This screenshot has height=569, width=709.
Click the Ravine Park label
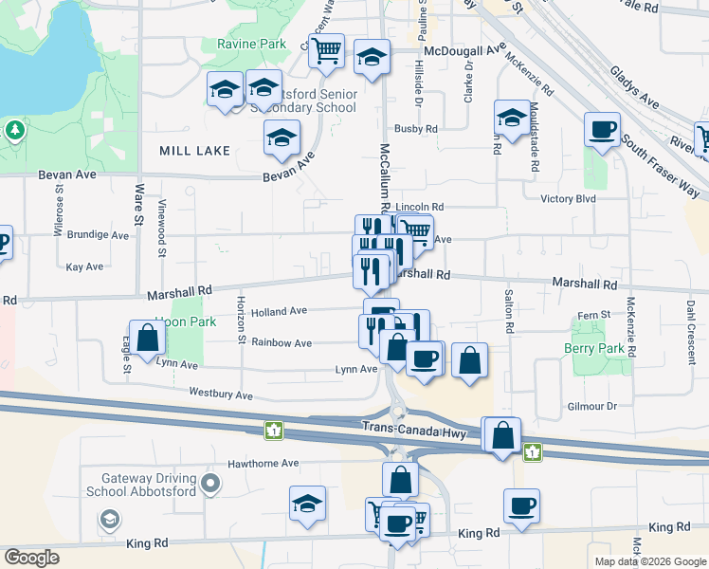coord(251,45)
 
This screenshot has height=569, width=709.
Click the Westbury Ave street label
coord(221,394)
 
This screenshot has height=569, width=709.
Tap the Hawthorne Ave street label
coord(264,464)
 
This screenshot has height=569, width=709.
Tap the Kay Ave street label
coord(85,267)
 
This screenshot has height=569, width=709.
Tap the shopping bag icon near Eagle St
coord(147,338)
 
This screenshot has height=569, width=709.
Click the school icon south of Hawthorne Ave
coord(307,505)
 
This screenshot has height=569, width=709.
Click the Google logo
coord(31,558)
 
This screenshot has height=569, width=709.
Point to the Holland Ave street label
coord(279,311)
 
